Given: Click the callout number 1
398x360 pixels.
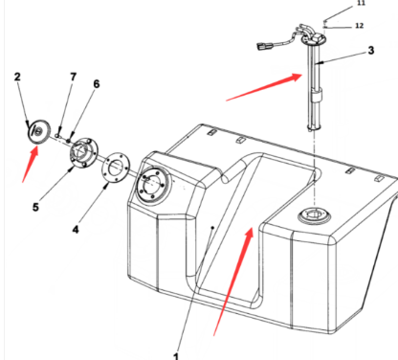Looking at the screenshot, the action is click(176, 355).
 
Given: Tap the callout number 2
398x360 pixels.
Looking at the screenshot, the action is click(17, 77).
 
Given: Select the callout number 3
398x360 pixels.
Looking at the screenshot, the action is click(370, 51).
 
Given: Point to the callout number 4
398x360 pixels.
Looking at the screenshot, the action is click(76, 229).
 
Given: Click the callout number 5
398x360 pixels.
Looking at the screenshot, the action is click(35, 207).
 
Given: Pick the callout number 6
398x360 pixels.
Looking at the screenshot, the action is click(96, 84).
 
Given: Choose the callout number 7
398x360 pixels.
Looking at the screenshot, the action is click(74, 77).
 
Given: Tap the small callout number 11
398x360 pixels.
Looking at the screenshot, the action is click(361, 3).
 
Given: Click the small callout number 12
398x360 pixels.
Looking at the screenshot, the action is click(360, 25).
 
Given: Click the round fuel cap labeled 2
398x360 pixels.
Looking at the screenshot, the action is click(39, 131).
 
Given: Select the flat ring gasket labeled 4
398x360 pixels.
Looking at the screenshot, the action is click(117, 169).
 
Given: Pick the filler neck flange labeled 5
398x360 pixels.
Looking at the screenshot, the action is click(83, 152).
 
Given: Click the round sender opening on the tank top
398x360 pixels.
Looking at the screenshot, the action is click(315, 216).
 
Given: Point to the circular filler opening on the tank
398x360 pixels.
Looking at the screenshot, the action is click(154, 186).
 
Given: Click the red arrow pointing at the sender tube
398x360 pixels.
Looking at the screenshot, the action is click(264, 87).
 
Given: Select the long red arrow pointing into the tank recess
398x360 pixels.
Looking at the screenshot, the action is click(233, 281).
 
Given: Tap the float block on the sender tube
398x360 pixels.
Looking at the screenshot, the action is click(317, 95).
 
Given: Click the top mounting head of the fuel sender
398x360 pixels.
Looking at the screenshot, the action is click(314, 39).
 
